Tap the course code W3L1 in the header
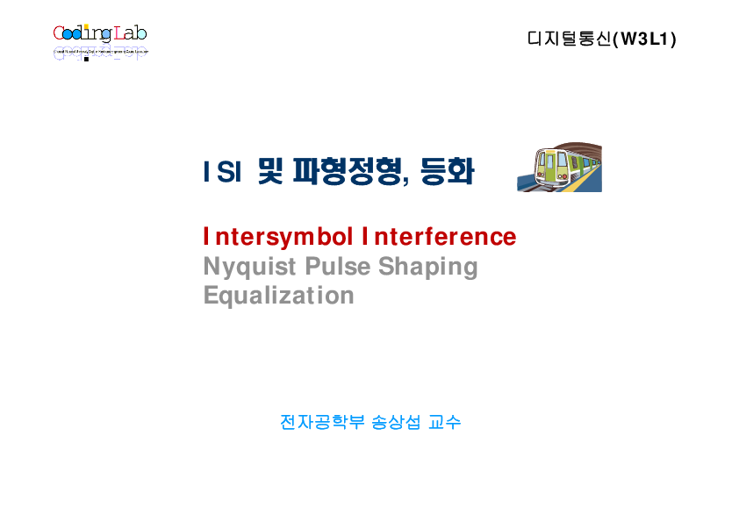click(648, 39)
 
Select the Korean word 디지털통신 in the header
click(569, 39)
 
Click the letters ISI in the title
click(222, 172)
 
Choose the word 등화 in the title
click(447, 171)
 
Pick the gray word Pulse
click(337, 266)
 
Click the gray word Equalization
click(278, 295)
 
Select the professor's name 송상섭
click(395, 422)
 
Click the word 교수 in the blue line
click(445, 422)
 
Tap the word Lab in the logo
click(130, 34)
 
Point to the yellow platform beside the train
click(586, 182)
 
